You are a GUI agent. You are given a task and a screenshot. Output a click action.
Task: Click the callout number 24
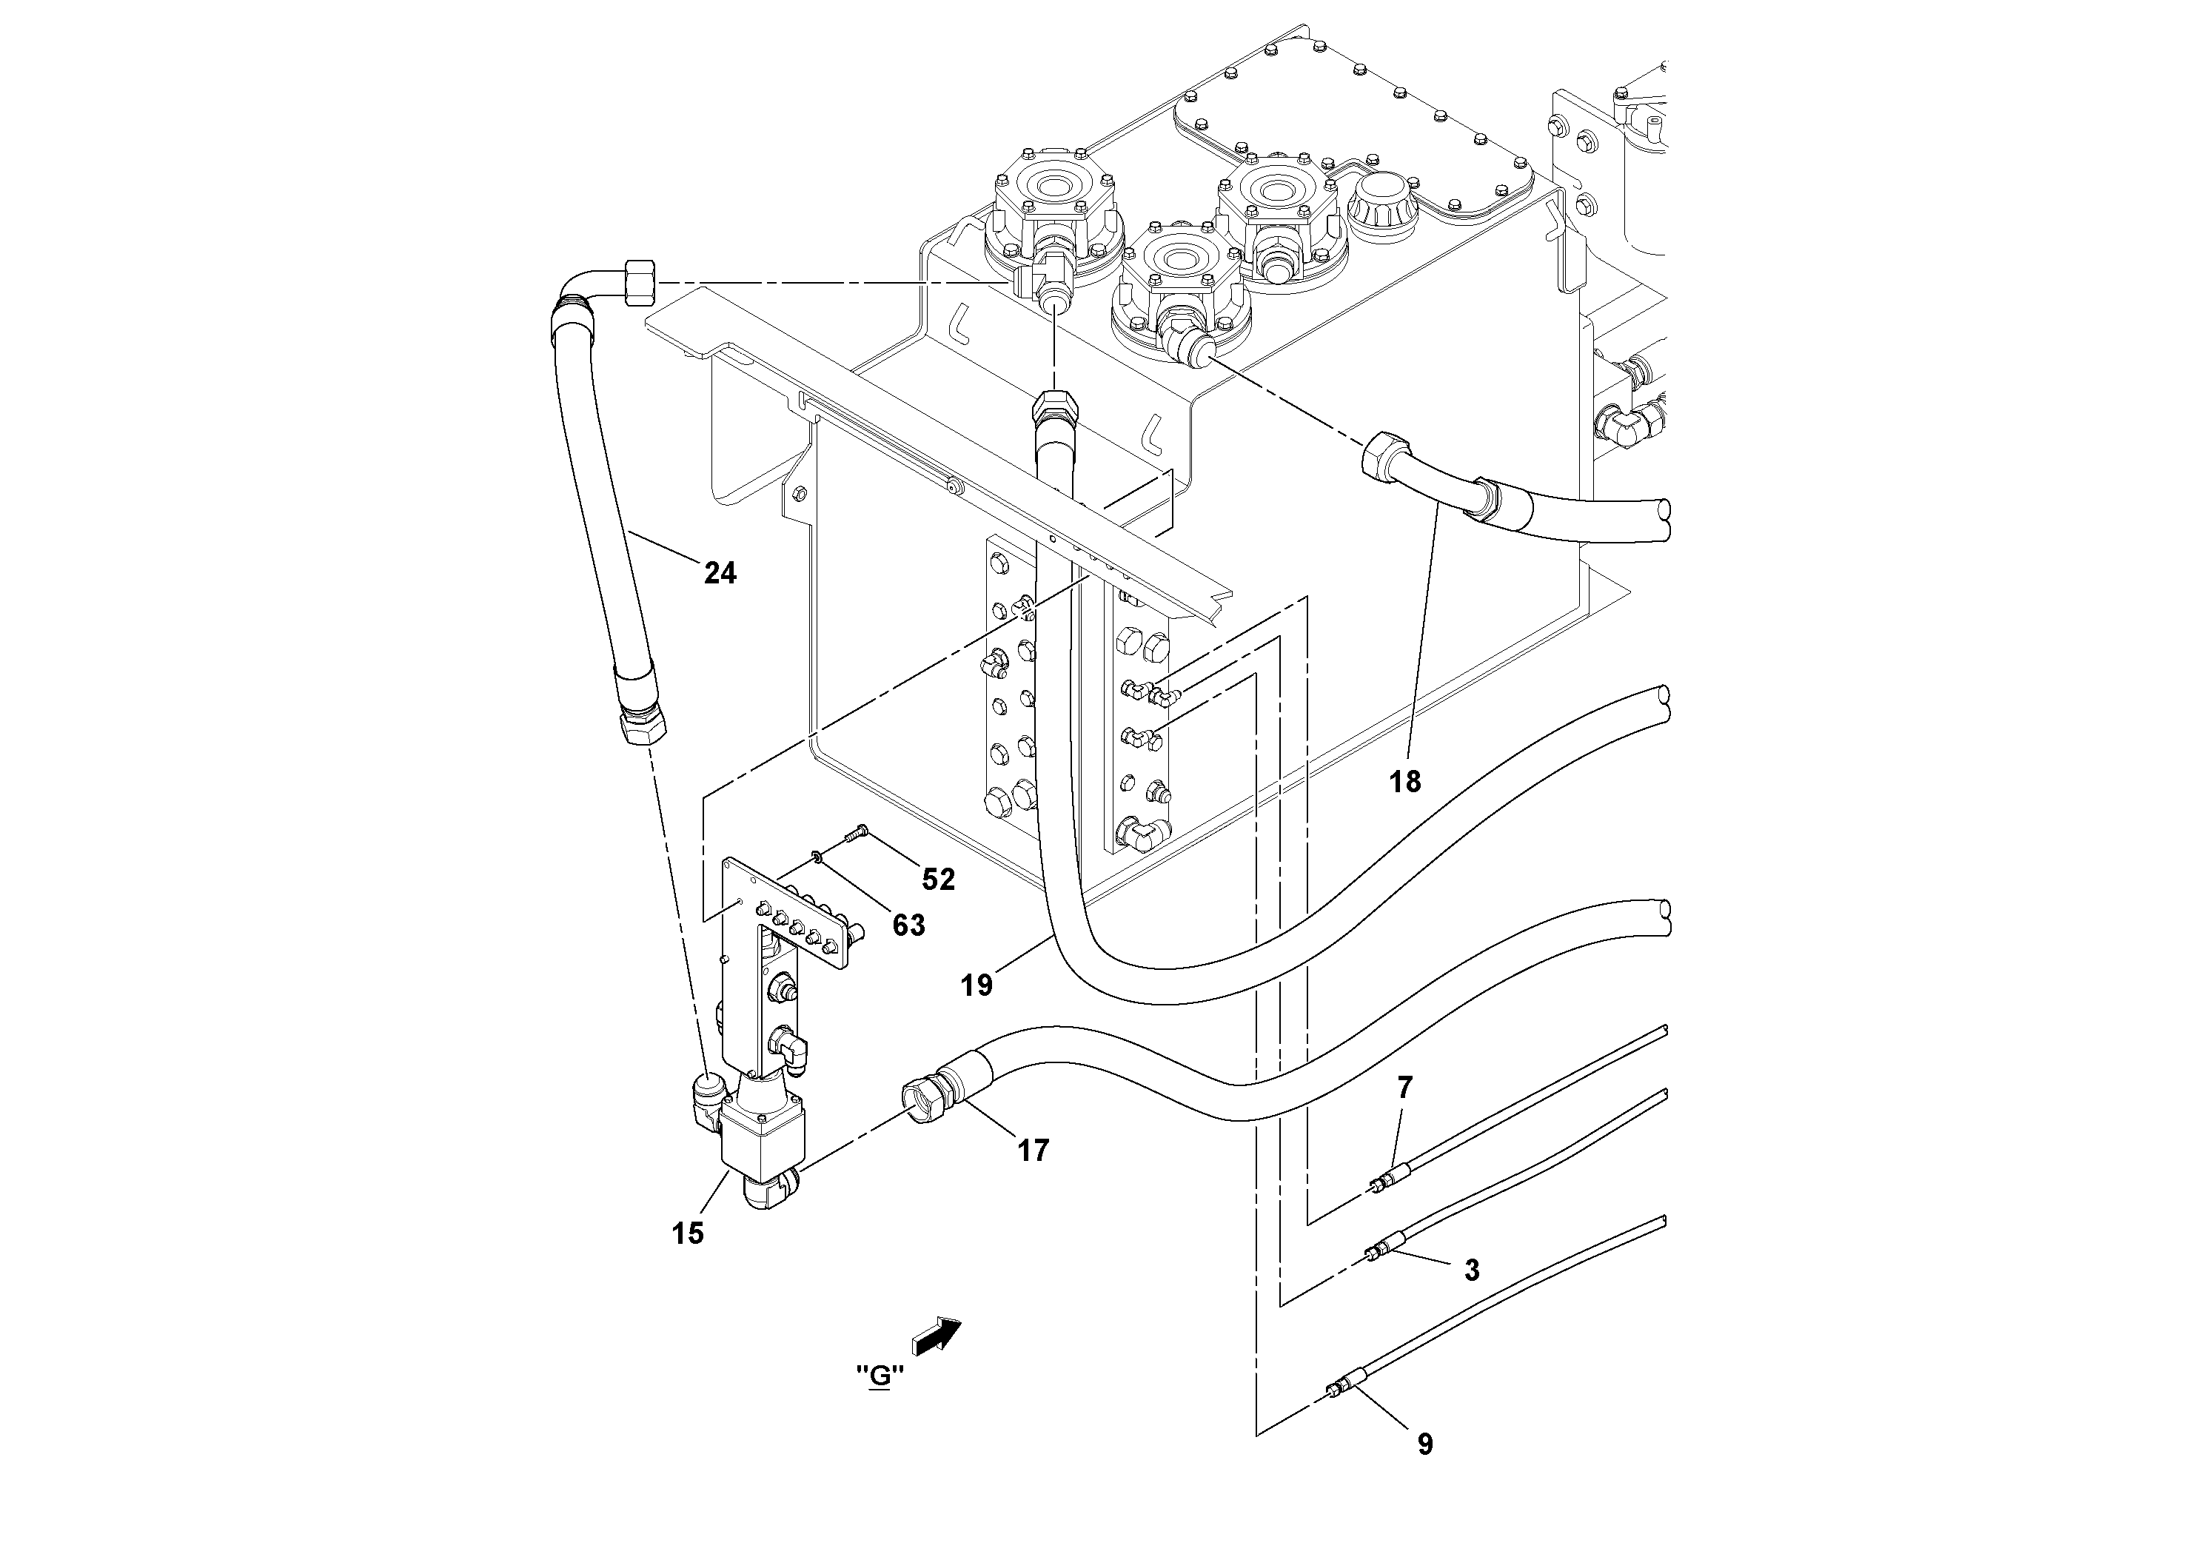pos(720,573)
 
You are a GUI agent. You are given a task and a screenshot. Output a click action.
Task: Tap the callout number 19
pos(977,985)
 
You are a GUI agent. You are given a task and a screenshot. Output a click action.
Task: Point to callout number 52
pos(938,880)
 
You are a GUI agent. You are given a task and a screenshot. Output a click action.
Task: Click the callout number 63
pos(908,925)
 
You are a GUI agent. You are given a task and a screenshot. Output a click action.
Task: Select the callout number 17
pos(1033,1150)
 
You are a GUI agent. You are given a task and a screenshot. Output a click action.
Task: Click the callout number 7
pos(1404,1088)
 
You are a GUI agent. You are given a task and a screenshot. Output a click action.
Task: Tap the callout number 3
pos(1472,1270)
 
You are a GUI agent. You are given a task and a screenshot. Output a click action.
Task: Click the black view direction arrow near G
pos(937,1335)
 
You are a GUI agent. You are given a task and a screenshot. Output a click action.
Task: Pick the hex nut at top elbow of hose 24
pos(640,282)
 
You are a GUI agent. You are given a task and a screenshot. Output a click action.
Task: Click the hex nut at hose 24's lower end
pos(642,726)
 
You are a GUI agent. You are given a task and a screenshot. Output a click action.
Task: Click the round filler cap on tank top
pos(1384,204)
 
